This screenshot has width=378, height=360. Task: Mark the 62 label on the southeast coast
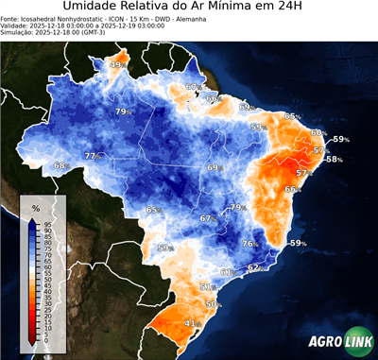click(x=253, y=267)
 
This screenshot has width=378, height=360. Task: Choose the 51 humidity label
click(x=206, y=286)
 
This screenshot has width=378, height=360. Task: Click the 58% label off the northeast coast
click(x=334, y=160)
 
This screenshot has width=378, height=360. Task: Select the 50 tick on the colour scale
click(x=46, y=280)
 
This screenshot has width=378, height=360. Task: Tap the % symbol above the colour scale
click(x=35, y=206)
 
